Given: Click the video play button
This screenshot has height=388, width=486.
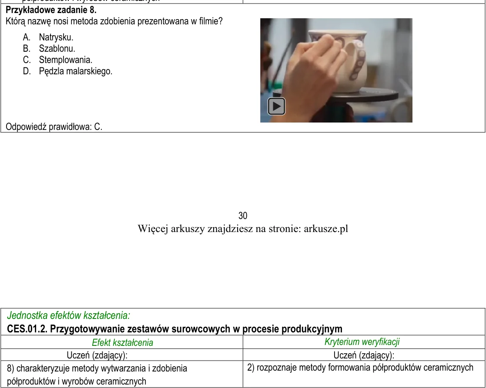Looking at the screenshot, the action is [x=276, y=106].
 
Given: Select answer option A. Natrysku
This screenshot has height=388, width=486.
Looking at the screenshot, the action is [x=48, y=37].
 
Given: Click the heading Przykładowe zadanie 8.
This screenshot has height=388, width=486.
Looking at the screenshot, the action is [x=51, y=10].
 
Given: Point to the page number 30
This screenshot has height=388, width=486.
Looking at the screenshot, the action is [x=243, y=216].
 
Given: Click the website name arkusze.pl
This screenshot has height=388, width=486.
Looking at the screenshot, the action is [x=326, y=229].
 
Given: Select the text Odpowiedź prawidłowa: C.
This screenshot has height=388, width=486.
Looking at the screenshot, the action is [x=54, y=126].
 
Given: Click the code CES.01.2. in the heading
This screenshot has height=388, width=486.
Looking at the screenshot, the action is [x=27, y=328].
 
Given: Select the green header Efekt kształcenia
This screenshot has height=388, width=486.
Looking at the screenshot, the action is [x=122, y=342].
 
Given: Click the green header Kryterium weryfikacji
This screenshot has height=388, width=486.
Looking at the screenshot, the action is [x=362, y=342].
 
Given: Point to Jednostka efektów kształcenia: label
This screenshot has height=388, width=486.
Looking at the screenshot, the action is [x=68, y=315].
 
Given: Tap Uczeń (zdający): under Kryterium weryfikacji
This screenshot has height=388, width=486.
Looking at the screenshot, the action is [x=364, y=355].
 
